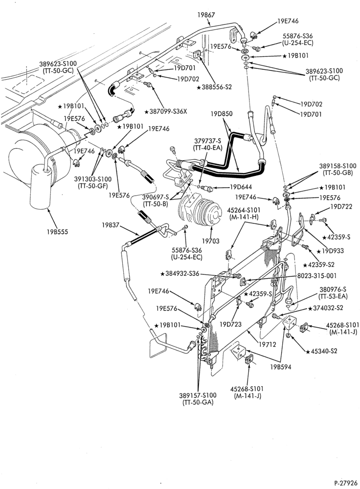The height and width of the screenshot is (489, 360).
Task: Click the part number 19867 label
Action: pyautogui.click(x=206, y=15)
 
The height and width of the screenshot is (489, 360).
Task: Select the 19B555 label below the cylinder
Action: pyautogui.click(x=57, y=232)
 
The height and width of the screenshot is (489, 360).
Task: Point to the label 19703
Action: pyautogui.click(x=211, y=241)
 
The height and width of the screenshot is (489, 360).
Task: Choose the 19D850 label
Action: pyautogui.click(x=222, y=114)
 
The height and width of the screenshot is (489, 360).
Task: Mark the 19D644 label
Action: pyautogui.click(x=241, y=187)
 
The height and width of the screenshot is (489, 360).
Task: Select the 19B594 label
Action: pyautogui.click(x=281, y=367)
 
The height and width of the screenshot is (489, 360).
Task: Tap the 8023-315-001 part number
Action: pyautogui.click(x=316, y=276)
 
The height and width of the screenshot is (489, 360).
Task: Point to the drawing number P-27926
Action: pyautogui.click(x=346, y=483)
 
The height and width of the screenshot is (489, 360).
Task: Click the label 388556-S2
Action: pyautogui.click(x=215, y=88)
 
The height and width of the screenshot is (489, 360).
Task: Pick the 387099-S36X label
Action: pyautogui.click(x=166, y=111)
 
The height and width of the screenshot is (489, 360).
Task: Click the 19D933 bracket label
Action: pyautogui.click(x=331, y=251)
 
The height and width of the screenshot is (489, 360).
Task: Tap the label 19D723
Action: pyautogui.click(x=230, y=324)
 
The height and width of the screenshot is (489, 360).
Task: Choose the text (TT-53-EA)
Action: pyautogui.click(x=333, y=296)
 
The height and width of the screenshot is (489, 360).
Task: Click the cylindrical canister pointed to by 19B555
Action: pyautogui.click(x=41, y=187)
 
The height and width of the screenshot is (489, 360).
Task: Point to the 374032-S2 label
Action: pyautogui.click(x=326, y=308)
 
